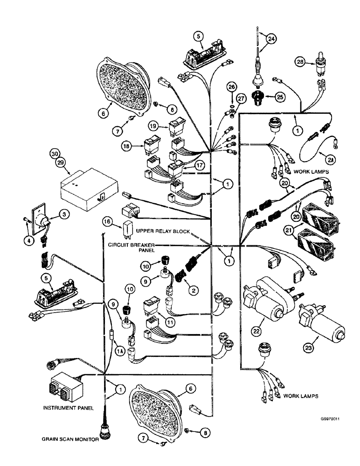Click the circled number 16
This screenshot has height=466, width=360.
(108, 222)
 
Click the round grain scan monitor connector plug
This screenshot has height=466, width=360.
(104, 429)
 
